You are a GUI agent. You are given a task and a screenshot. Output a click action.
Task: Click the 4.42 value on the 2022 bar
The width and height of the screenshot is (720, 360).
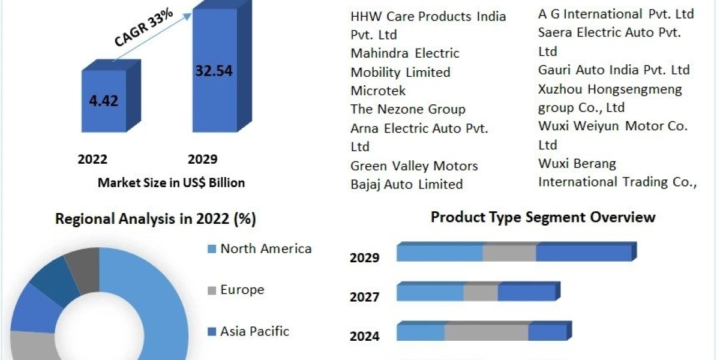tap(103, 100)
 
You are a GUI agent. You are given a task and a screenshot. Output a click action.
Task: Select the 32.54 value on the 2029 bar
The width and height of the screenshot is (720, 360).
tap(214, 70)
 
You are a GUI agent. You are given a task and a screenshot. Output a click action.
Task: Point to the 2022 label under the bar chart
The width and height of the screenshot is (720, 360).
tap(92, 159)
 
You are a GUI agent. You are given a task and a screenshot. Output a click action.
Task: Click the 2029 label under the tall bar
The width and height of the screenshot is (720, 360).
tap(202, 159)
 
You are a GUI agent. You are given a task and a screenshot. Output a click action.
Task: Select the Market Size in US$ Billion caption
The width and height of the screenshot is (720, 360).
tap(171, 183)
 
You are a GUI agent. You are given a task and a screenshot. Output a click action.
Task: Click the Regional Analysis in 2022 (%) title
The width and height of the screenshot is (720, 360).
tap(155, 220)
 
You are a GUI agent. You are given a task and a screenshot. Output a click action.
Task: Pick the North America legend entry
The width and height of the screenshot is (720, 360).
tap(265, 248)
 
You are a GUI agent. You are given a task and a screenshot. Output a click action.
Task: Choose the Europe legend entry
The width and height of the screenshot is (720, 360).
tap(242, 290)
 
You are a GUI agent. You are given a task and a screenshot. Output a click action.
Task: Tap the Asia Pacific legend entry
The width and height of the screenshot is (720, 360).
tap(254, 331)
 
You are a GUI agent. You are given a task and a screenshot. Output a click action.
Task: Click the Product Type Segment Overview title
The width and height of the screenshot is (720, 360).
tap(543, 217)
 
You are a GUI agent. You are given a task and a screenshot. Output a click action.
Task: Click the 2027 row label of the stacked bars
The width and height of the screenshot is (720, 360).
tap(365, 297)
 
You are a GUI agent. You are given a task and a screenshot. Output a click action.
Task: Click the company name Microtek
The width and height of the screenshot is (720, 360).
tap(378, 91)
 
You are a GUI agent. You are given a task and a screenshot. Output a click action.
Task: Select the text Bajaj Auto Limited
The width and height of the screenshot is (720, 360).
tap(406, 184)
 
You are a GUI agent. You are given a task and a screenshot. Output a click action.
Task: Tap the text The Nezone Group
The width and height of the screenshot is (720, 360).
tap(408, 109)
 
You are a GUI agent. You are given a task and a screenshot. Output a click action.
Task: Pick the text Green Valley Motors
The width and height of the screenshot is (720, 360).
tap(414, 166)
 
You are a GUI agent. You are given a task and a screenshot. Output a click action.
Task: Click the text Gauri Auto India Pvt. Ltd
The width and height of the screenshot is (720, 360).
tap(614, 70)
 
